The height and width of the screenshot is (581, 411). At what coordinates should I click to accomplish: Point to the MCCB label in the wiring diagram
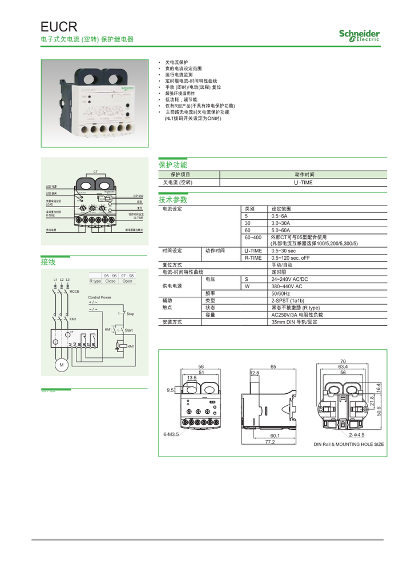click(x=74, y=291)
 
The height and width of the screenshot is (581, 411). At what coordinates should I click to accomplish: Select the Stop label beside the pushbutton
click(x=130, y=314)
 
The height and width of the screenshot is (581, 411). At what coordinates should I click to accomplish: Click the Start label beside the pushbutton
click(x=129, y=330)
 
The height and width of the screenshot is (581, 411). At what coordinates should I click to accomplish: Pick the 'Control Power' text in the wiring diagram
click(x=99, y=297)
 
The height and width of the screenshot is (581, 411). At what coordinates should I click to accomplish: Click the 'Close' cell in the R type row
click(x=110, y=281)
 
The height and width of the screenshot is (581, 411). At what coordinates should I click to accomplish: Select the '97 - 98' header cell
click(x=127, y=275)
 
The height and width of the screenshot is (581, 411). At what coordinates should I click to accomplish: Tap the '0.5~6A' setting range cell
click(x=280, y=216)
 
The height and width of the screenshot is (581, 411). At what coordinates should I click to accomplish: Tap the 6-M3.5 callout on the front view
click(x=171, y=434)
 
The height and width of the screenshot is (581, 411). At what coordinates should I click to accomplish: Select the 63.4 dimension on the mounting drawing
click(x=343, y=366)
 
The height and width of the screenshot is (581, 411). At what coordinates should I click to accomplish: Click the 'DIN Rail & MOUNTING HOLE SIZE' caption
click(x=349, y=444)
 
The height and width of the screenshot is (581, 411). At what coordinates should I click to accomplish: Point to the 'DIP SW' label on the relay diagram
click(x=138, y=196)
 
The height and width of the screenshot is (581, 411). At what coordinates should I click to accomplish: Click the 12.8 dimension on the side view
click(x=255, y=373)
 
